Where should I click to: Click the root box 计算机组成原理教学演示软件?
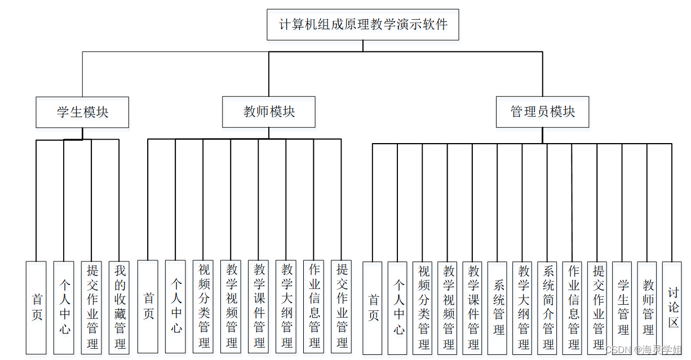click(x=363, y=25)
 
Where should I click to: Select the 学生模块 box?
click(x=82, y=112)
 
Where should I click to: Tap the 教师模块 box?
click(x=269, y=112)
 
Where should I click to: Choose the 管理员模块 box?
click(x=543, y=112)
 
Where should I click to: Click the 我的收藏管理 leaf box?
click(x=119, y=308)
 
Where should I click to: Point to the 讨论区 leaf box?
click(x=673, y=308)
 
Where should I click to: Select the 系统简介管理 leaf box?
click(x=548, y=308)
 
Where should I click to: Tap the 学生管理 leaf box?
click(x=623, y=308)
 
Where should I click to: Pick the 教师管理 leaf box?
click(x=648, y=308)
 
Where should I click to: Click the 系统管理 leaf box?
click(x=498, y=308)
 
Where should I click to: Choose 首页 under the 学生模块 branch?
click(x=36, y=308)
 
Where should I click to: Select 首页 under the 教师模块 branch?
click(x=148, y=306)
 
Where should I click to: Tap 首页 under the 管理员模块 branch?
click(x=373, y=308)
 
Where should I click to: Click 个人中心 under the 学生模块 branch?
click(x=64, y=308)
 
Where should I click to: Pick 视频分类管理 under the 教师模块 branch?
click(x=203, y=306)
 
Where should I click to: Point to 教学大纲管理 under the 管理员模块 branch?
click(x=523, y=308)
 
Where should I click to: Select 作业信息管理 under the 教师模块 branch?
click(x=313, y=306)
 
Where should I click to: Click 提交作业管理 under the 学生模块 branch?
click(x=91, y=308)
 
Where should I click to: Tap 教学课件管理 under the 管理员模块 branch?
click(x=473, y=308)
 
